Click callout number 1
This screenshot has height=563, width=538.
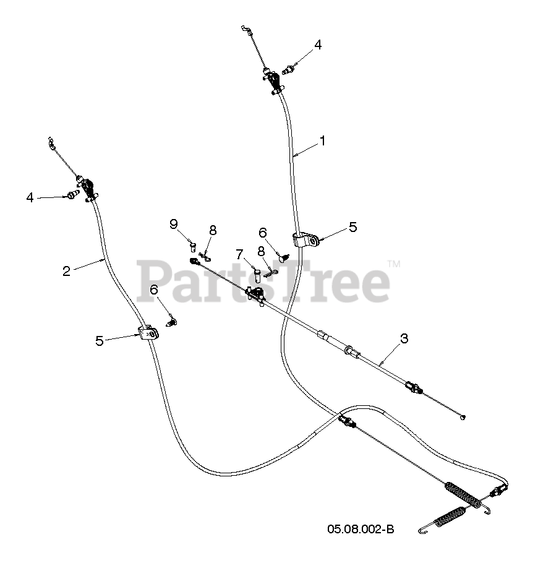(322, 141)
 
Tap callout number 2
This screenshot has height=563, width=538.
(67, 270)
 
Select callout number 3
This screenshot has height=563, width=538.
(404, 338)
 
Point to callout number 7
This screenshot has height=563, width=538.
(239, 254)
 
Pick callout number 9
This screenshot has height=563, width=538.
(174, 224)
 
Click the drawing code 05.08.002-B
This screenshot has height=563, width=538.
(361, 529)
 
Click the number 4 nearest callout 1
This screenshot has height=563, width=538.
(317, 45)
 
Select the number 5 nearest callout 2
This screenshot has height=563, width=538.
(100, 341)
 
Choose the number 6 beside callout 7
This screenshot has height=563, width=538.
(263, 233)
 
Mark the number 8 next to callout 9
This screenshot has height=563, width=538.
(212, 230)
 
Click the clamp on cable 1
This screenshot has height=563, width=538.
(305, 240)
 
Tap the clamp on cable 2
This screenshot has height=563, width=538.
(149, 334)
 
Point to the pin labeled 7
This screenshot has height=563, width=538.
(258, 274)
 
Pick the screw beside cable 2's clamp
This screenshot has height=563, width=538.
(173, 320)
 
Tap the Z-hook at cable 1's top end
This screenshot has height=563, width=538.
(246, 28)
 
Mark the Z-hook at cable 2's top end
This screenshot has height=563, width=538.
(51, 144)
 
